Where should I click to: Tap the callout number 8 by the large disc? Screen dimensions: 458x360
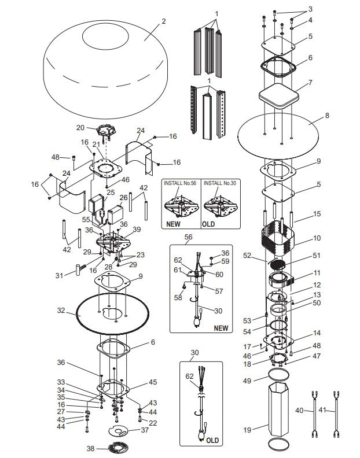tap(327, 116)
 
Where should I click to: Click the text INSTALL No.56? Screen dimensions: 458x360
tap(181, 183)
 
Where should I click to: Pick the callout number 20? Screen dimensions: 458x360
tap(80, 127)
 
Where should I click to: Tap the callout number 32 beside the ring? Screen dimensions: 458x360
tap(61, 311)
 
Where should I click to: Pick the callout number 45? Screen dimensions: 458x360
tap(153, 382)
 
